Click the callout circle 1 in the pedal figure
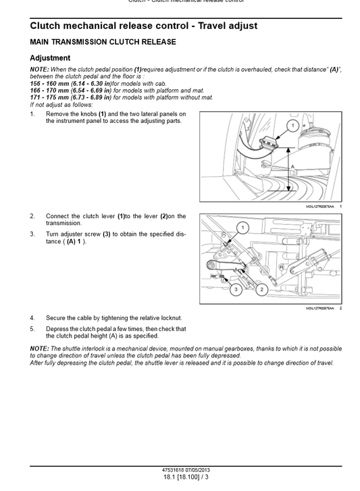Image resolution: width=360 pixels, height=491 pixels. pyautogui.click(x=293, y=126)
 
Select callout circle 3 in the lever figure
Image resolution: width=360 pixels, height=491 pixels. pyautogui.click(x=236, y=290)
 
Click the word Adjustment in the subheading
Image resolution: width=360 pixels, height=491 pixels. pyautogui.click(x=51, y=58)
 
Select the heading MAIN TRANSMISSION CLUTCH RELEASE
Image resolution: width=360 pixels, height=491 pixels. pyautogui.click(x=103, y=42)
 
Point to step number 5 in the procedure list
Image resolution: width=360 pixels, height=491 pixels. pyautogui.click(x=32, y=329)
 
